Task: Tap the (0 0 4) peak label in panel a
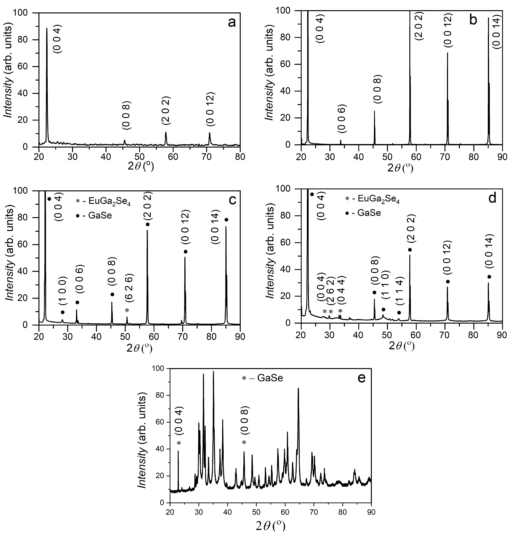click(58, 39)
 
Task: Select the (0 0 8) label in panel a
click(127, 115)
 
